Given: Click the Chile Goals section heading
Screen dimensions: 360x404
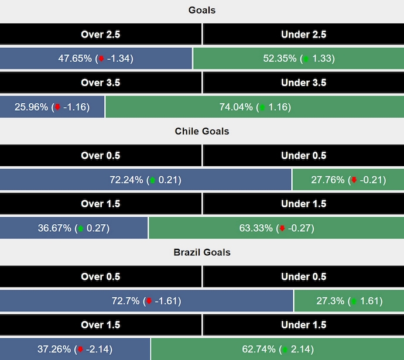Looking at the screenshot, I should pyautogui.click(x=202, y=131).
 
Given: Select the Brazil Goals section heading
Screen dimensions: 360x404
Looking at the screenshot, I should pyautogui.click(x=202, y=252).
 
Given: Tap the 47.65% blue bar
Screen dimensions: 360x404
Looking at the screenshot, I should pyautogui.click(x=96, y=59).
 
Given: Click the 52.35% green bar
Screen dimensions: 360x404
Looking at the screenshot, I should pyautogui.click(x=298, y=59).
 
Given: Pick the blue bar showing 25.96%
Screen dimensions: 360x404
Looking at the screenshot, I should pyautogui.click(x=52, y=107).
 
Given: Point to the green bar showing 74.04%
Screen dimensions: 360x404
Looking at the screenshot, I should pyautogui.click(x=254, y=107).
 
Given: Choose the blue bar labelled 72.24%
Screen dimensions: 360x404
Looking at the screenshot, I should pyautogui.click(x=146, y=180).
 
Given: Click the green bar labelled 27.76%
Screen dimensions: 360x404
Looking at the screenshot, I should pyautogui.click(x=348, y=180).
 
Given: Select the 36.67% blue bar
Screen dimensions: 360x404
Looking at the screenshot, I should pyautogui.click(x=74, y=228).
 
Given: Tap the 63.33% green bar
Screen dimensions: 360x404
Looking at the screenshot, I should pyautogui.click(x=276, y=228).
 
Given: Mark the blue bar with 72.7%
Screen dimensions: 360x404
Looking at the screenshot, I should pyautogui.click(x=146, y=301).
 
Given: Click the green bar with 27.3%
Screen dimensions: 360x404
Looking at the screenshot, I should pyautogui.click(x=349, y=301).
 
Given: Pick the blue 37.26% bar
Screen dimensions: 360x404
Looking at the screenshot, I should pyautogui.click(x=75, y=349).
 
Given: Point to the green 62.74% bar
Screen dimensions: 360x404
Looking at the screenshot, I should pyautogui.click(x=277, y=349).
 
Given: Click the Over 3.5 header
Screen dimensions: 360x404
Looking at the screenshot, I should pyautogui.click(x=101, y=83).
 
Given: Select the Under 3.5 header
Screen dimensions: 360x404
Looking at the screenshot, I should pyautogui.click(x=303, y=83).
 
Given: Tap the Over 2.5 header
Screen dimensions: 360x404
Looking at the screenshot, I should pyautogui.click(x=101, y=35).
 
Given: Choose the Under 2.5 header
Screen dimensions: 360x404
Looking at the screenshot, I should pyautogui.click(x=303, y=35).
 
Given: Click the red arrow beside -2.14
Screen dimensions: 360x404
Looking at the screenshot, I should pyautogui.click(x=80, y=350).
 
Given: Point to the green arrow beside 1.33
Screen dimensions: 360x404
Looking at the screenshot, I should pyautogui.click(x=306, y=59).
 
